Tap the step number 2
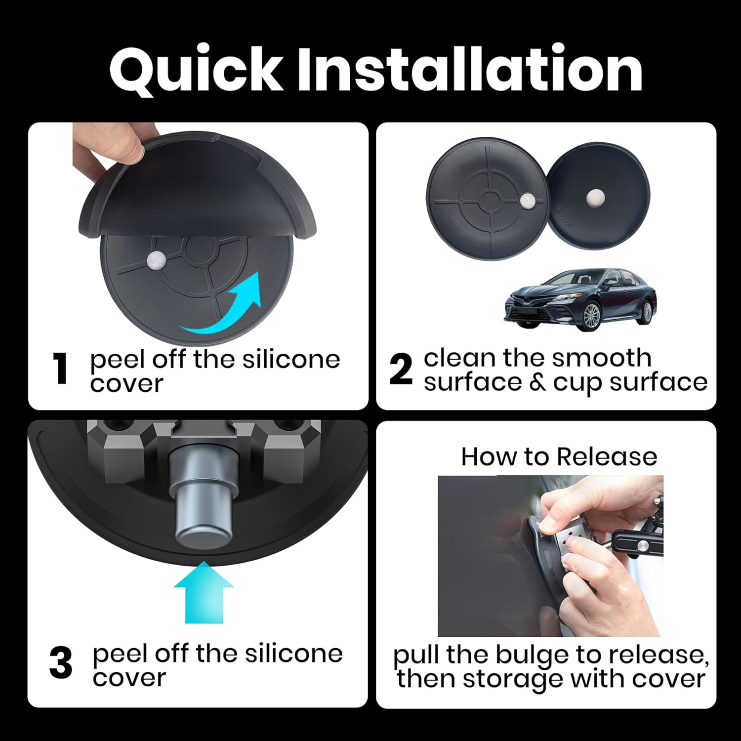(x=400, y=370)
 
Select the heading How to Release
(x=559, y=456)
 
